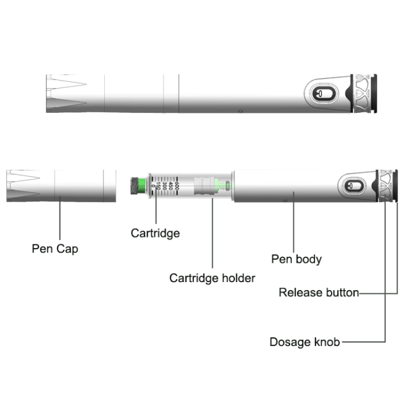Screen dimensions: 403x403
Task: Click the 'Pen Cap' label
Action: click(x=55, y=249)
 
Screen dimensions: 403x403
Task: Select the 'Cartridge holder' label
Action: click(x=212, y=278)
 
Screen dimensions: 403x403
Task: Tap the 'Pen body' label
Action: click(x=296, y=259)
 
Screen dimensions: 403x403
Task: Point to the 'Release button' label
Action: click(x=319, y=293)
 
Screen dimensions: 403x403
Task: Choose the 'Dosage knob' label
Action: click(x=304, y=342)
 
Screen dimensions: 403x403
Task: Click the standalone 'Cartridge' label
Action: click(x=155, y=233)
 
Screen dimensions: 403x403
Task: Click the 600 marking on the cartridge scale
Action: click(x=177, y=185)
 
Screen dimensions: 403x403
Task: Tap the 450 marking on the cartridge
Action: click(x=170, y=185)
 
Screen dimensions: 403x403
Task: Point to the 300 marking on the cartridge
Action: click(x=164, y=185)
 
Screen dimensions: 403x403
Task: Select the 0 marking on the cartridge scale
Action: click(x=153, y=185)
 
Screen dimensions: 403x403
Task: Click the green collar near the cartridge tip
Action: click(x=141, y=185)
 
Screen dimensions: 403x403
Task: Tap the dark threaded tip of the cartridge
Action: click(x=135, y=185)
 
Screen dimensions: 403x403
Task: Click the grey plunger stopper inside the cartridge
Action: click(x=204, y=185)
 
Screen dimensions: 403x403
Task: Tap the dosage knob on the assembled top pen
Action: click(x=362, y=94)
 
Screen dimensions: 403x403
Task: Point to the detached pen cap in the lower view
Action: click(x=61, y=185)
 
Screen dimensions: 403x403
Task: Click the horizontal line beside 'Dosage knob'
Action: click(x=364, y=342)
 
